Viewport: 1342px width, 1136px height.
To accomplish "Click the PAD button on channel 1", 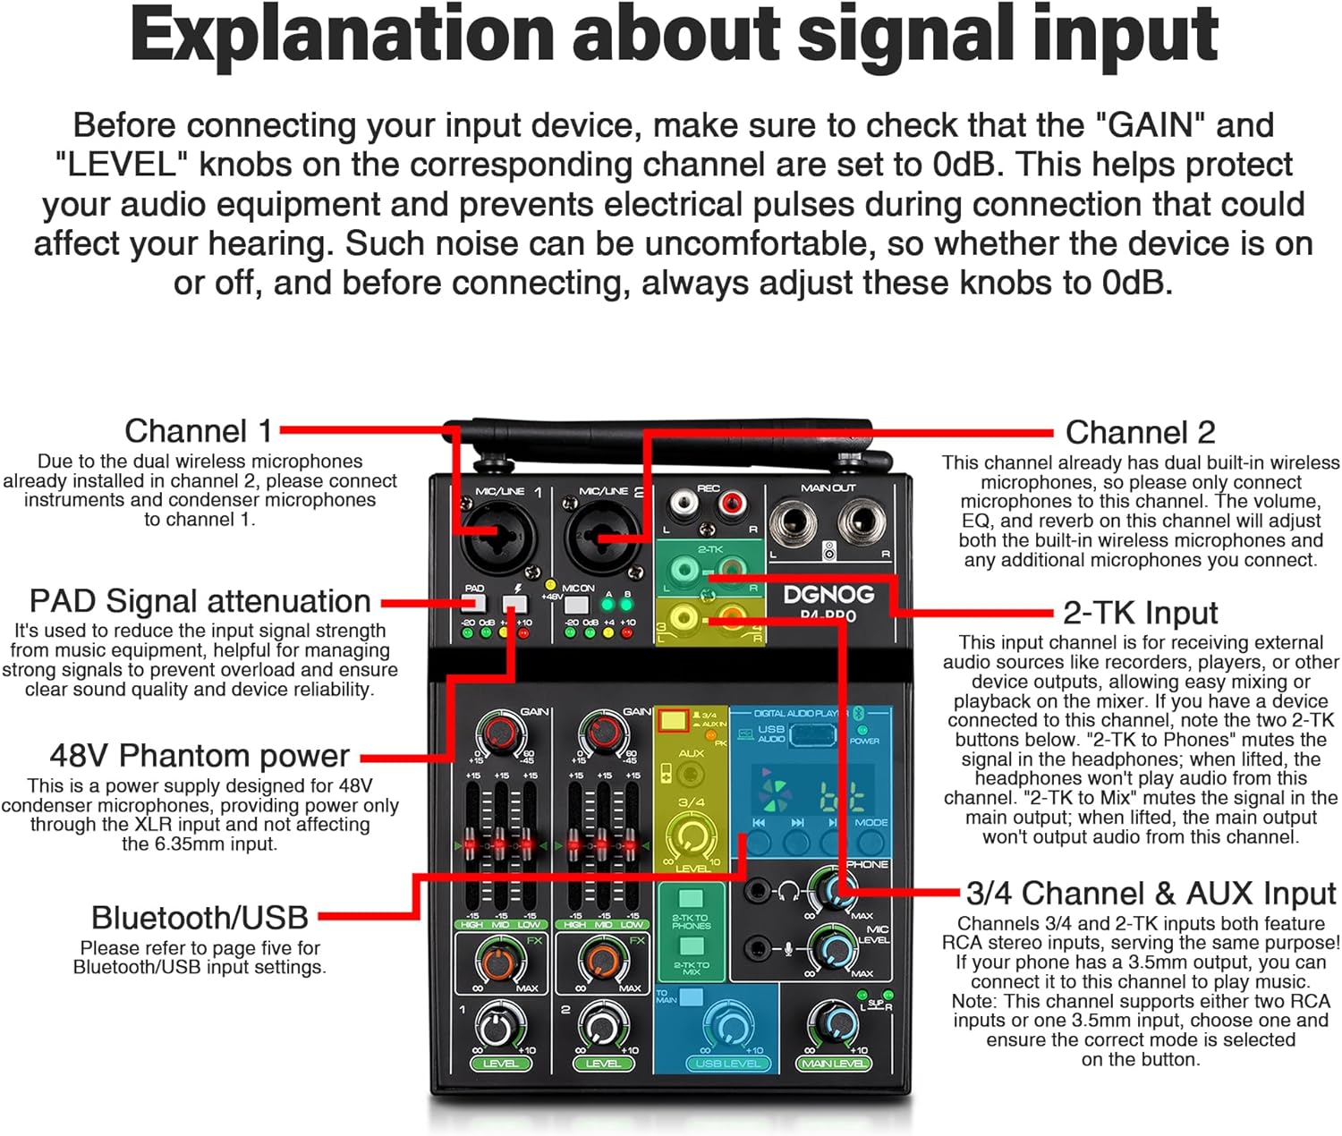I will click(474, 603).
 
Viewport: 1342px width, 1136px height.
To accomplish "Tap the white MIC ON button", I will click(576, 604).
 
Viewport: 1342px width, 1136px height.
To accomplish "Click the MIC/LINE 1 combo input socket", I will click(497, 538).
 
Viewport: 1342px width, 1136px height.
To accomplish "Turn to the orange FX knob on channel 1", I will click(500, 962).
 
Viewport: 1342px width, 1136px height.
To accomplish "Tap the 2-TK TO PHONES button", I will click(691, 899).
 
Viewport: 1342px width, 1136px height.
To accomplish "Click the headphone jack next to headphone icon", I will click(759, 890).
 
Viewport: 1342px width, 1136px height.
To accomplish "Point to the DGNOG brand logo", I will click(828, 595).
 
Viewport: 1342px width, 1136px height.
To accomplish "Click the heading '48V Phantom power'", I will click(200, 756).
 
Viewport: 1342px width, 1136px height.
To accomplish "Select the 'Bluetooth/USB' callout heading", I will click(200, 918).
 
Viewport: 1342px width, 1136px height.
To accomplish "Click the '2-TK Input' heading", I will click(1140, 613).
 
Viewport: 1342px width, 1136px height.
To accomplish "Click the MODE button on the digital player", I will click(870, 841).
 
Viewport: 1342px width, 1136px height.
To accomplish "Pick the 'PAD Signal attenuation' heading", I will click(200, 601).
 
